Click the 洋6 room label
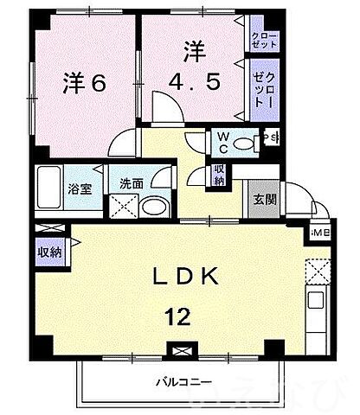84,84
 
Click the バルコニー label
183,381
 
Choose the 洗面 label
132,183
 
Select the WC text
223,141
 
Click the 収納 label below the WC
220,175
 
